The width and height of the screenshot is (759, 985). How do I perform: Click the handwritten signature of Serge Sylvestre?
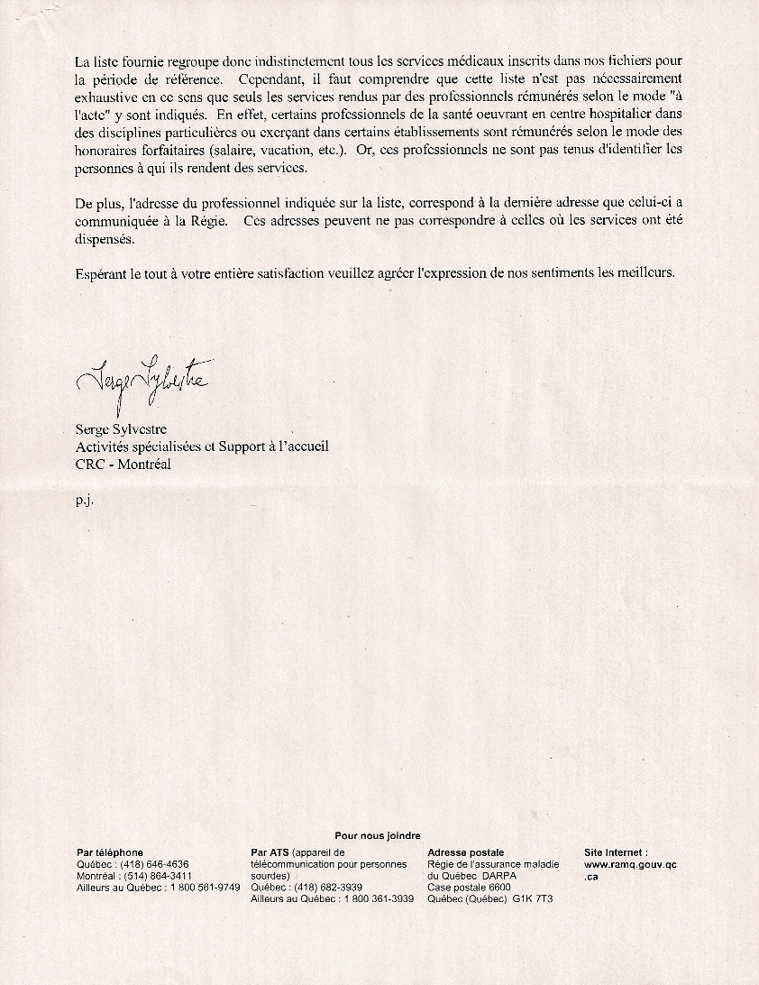click(142, 384)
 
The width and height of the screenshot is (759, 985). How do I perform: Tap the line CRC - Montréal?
click(123, 464)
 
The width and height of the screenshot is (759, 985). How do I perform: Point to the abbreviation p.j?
click(85, 499)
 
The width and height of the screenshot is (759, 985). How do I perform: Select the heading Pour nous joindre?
click(378, 836)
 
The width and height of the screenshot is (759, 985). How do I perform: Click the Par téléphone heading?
click(110, 852)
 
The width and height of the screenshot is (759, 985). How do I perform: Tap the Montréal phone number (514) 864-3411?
click(160, 876)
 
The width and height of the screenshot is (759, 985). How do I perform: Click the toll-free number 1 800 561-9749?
click(204, 888)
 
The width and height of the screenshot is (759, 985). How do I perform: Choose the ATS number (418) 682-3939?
click(329, 888)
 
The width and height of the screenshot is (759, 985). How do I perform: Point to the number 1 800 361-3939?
click(378, 899)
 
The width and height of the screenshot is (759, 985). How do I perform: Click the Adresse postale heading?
click(465, 852)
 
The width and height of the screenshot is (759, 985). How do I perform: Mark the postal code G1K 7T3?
click(533, 899)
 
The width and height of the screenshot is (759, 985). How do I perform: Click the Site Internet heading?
click(616, 852)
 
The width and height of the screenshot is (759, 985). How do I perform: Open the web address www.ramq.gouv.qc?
click(630, 864)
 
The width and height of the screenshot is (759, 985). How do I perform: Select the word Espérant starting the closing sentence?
click(103, 272)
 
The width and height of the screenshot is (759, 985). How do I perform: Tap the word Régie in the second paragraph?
click(205, 223)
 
